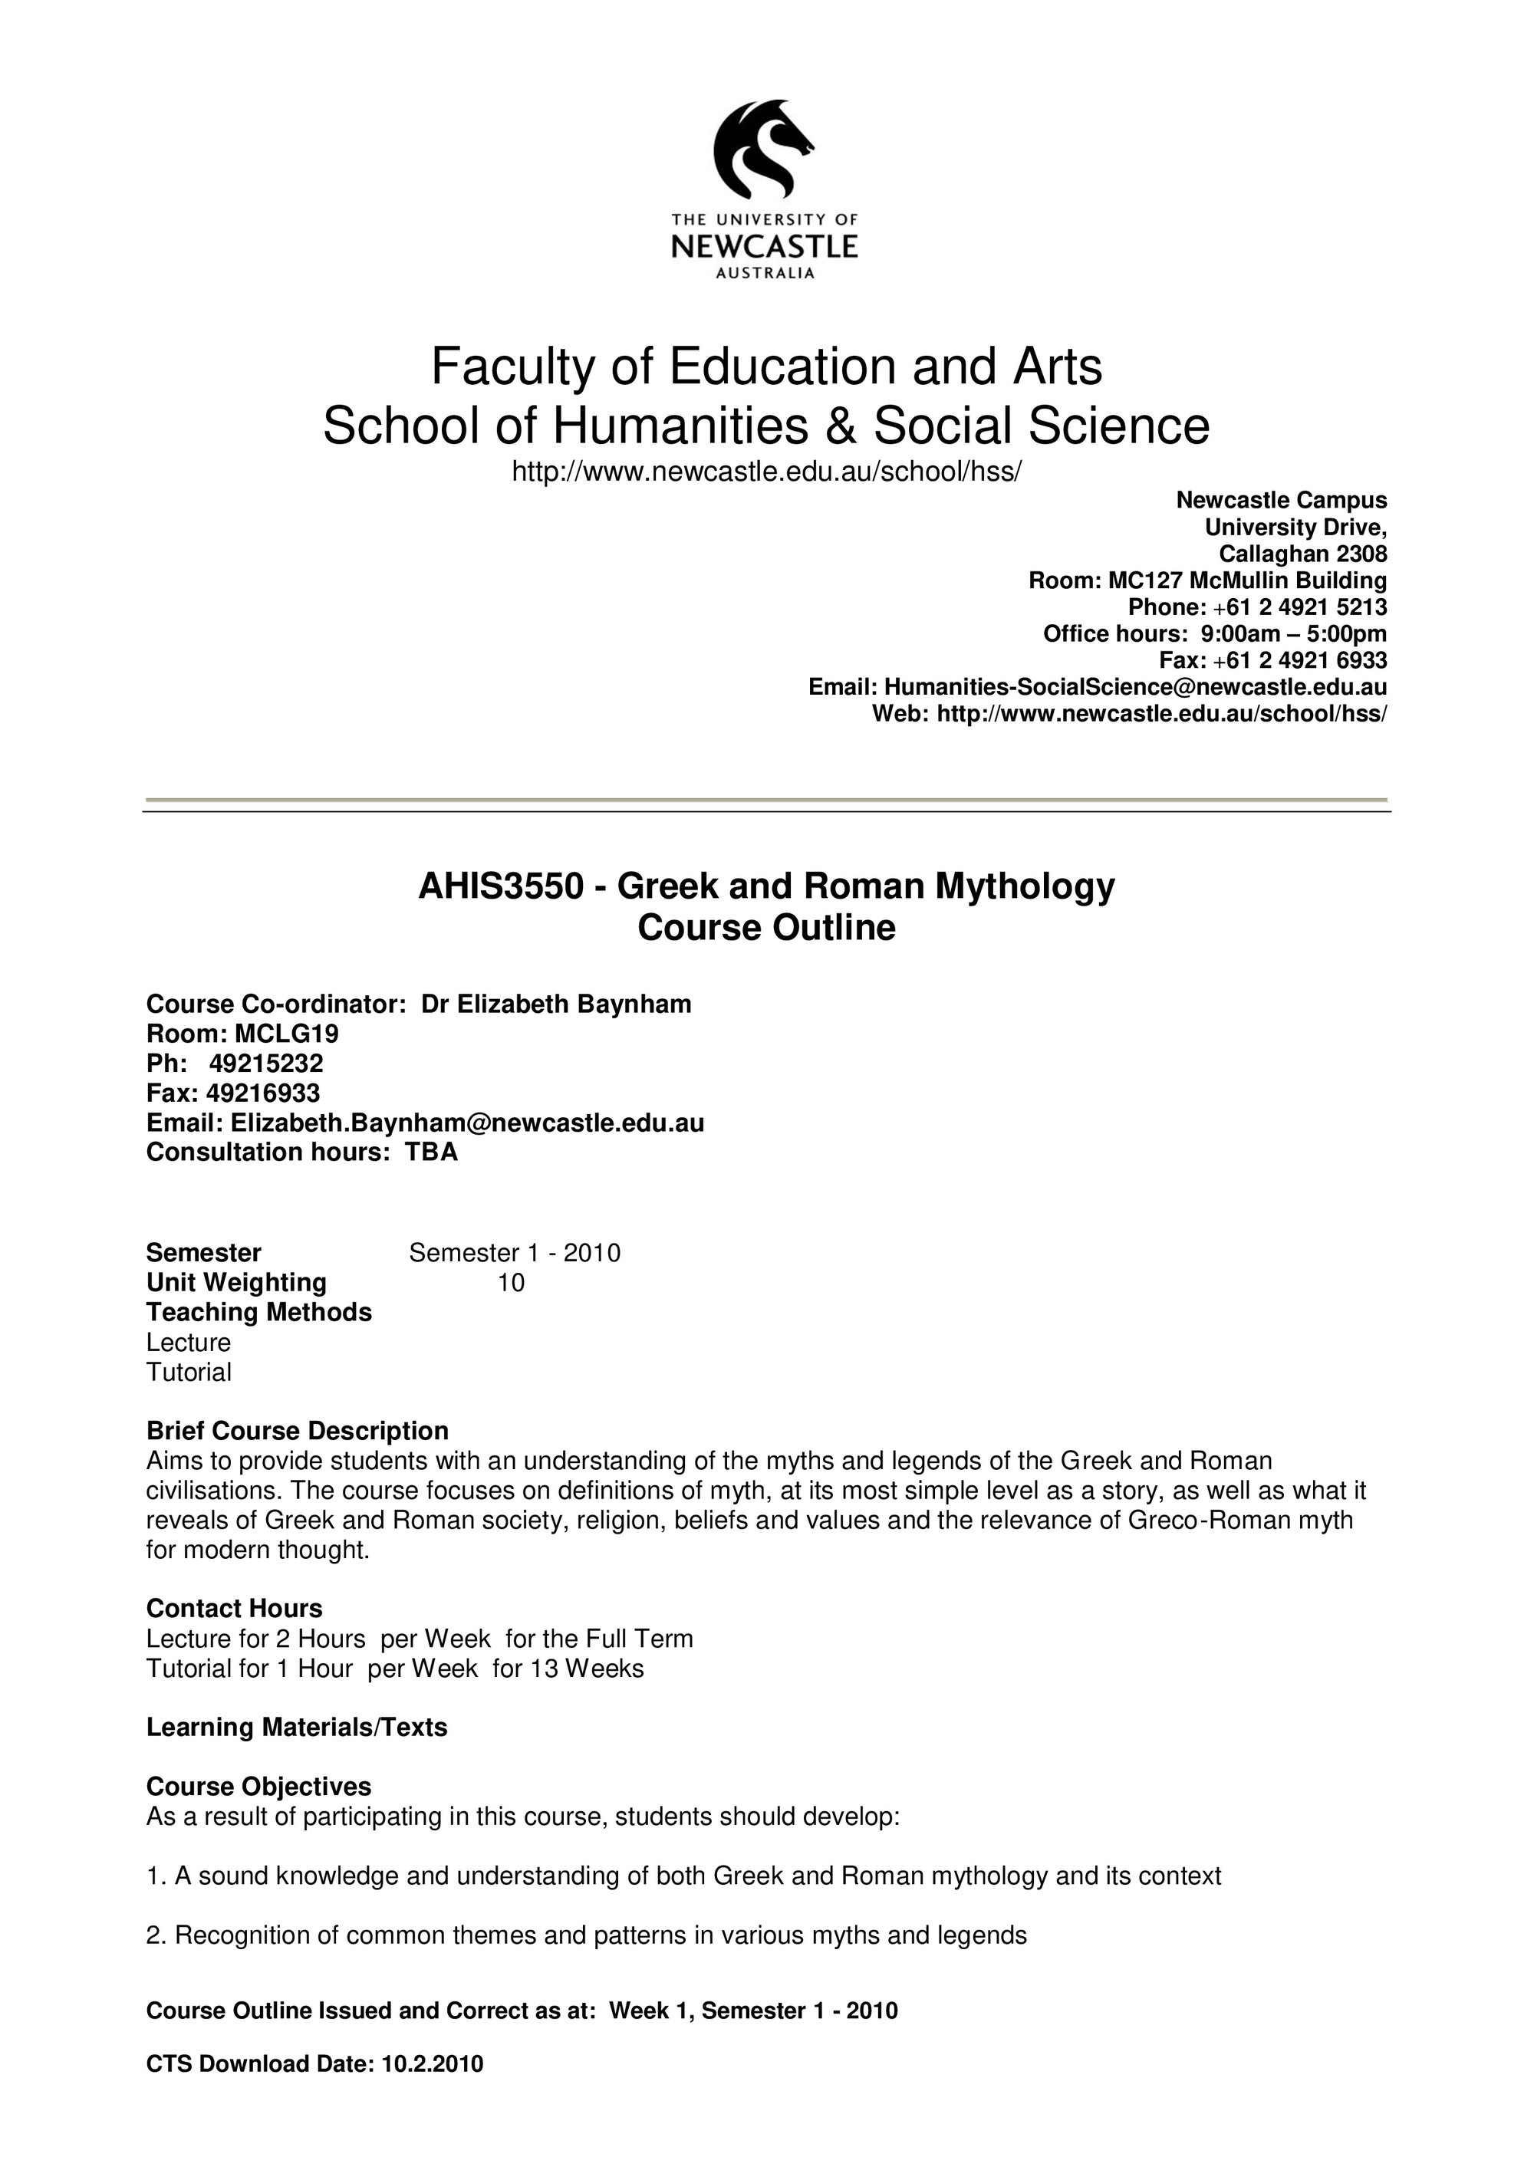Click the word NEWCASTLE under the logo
pos(764,248)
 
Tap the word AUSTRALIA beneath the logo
pos(765,274)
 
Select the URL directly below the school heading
pos(766,471)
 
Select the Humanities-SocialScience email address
pos(1135,687)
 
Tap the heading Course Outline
pos(766,928)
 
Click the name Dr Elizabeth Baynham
pos(556,1004)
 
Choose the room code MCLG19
pos(286,1033)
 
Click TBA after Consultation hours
pos(432,1152)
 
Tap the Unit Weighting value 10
pos(510,1283)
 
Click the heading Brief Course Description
pos(297,1431)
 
